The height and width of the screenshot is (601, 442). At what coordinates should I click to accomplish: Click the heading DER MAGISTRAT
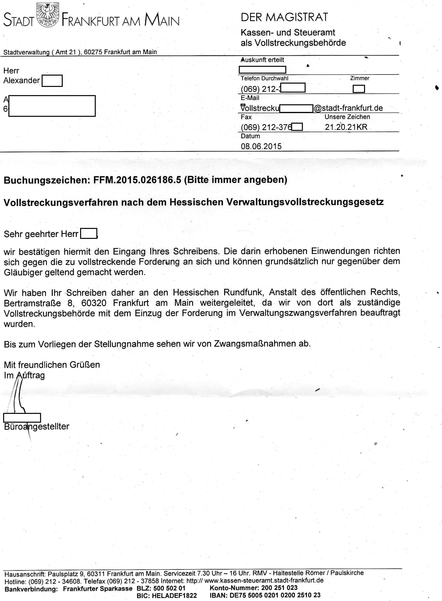click(284, 17)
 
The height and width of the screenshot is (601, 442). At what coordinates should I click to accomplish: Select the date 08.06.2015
click(261, 146)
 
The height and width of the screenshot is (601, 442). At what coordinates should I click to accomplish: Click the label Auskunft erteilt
click(262, 60)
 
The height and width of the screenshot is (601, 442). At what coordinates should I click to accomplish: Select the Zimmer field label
click(360, 78)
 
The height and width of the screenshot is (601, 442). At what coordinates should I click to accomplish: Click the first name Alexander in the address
click(21, 80)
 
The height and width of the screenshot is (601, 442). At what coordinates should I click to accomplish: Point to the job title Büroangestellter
click(37, 426)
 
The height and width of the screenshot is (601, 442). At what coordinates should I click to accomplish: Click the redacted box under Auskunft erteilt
click(262, 70)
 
